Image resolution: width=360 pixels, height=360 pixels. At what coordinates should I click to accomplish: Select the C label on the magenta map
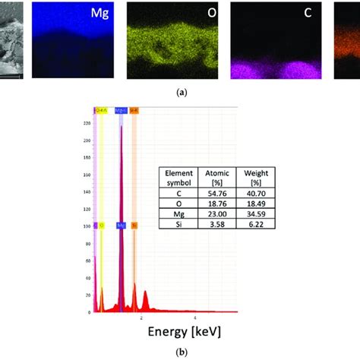[x=314, y=14]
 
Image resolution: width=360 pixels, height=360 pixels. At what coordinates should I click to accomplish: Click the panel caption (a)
[x=180, y=92]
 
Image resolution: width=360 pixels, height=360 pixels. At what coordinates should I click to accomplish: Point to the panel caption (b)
[x=180, y=352]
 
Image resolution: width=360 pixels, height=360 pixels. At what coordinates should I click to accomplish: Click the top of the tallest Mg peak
[x=120, y=126]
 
